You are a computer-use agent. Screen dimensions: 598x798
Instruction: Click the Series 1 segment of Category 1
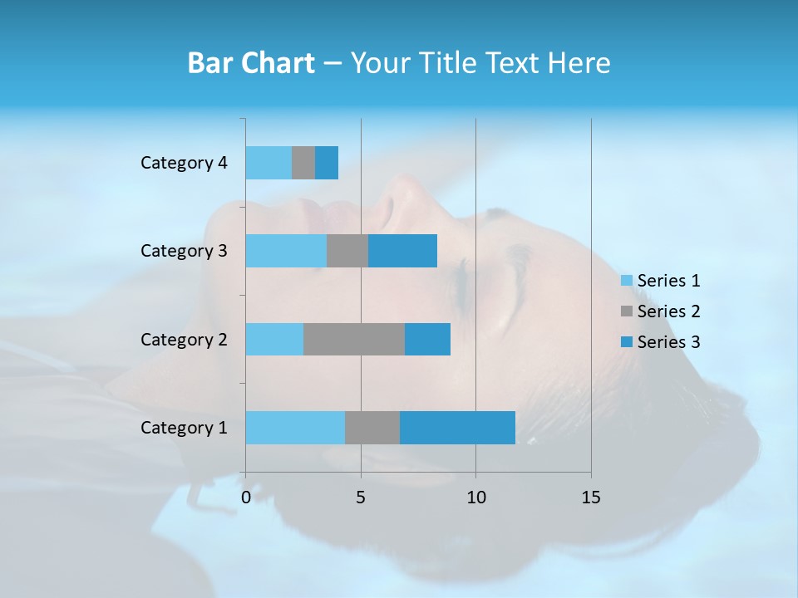click(295, 428)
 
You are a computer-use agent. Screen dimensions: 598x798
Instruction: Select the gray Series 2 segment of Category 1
click(372, 428)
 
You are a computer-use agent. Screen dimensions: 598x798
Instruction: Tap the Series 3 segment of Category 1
click(457, 428)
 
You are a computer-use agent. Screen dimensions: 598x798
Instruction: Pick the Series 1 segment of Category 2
click(274, 339)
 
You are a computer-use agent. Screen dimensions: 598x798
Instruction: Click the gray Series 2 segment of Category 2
click(354, 339)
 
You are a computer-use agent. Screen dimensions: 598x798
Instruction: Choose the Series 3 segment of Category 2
click(427, 339)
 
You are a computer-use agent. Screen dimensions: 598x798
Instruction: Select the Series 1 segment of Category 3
click(286, 251)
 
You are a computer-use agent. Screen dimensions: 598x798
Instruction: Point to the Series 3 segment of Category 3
click(402, 251)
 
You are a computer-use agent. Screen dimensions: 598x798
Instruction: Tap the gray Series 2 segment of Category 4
click(303, 163)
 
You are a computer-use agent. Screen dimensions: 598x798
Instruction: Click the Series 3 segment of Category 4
click(327, 163)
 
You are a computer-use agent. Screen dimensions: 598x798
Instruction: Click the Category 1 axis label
click(184, 428)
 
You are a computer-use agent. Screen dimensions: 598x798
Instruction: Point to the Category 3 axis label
click(184, 251)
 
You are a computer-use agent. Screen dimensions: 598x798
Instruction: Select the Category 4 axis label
click(184, 163)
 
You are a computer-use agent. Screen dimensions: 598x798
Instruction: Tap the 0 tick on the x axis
click(246, 498)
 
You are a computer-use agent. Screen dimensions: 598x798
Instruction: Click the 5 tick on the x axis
click(361, 498)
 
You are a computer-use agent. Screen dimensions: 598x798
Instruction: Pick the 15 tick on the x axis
click(590, 498)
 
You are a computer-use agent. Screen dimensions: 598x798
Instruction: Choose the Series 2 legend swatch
click(626, 311)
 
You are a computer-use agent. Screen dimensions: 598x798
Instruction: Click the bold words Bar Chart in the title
click(251, 63)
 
